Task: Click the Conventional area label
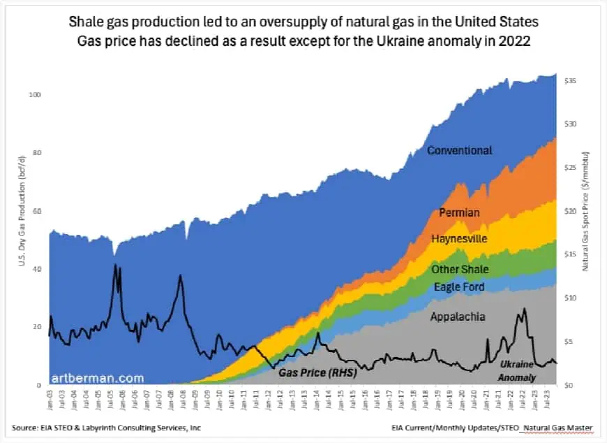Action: [459, 150]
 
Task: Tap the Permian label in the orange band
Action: [460, 212]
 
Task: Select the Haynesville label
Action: [458, 239]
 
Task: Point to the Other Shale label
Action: [460, 270]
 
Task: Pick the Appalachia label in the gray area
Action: [458, 317]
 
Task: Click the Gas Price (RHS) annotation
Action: [317, 373]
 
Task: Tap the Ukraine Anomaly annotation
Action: [517, 371]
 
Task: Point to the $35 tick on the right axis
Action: [570, 82]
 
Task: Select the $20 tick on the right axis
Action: [570, 212]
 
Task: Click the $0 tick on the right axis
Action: [568, 385]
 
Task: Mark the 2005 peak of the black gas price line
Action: [115, 265]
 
